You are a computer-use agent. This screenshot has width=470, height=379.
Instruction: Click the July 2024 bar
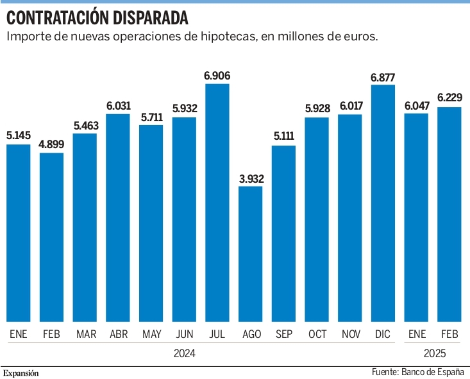(x=217, y=203)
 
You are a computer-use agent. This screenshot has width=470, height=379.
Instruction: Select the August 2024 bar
(x=250, y=254)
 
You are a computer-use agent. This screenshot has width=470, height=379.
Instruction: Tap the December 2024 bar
(x=383, y=203)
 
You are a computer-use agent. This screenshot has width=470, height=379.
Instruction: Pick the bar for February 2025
(x=449, y=214)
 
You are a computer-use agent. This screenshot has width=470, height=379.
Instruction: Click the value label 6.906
(x=217, y=76)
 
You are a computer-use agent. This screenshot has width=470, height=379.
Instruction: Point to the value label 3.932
(x=251, y=179)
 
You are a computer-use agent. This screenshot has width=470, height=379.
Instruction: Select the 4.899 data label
(x=51, y=144)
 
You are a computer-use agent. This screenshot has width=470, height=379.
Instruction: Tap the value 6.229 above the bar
(x=449, y=97)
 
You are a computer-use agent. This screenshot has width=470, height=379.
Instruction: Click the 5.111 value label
(x=283, y=136)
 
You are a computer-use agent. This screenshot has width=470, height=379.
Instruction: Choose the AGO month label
(x=252, y=334)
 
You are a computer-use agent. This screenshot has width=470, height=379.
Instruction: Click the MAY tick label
(x=152, y=334)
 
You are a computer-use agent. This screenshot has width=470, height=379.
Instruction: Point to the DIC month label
(x=383, y=334)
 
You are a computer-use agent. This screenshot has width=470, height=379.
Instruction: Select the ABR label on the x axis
(x=119, y=334)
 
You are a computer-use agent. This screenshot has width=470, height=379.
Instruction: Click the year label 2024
(x=185, y=353)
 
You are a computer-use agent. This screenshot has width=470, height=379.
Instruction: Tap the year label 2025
(x=435, y=353)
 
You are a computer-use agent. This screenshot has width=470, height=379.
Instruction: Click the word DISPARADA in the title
(x=151, y=18)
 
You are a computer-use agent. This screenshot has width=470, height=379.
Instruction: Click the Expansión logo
(x=21, y=373)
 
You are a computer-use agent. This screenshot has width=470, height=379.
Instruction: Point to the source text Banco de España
(x=433, y=372)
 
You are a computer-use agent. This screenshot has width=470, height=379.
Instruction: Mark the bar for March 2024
(x=85, y=228)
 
